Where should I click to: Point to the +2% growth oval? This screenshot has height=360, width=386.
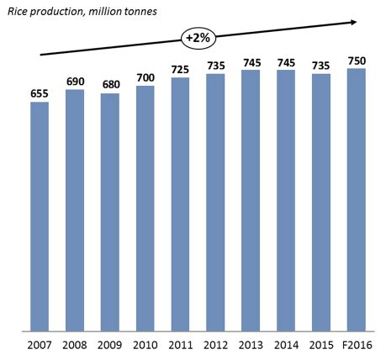198,37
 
